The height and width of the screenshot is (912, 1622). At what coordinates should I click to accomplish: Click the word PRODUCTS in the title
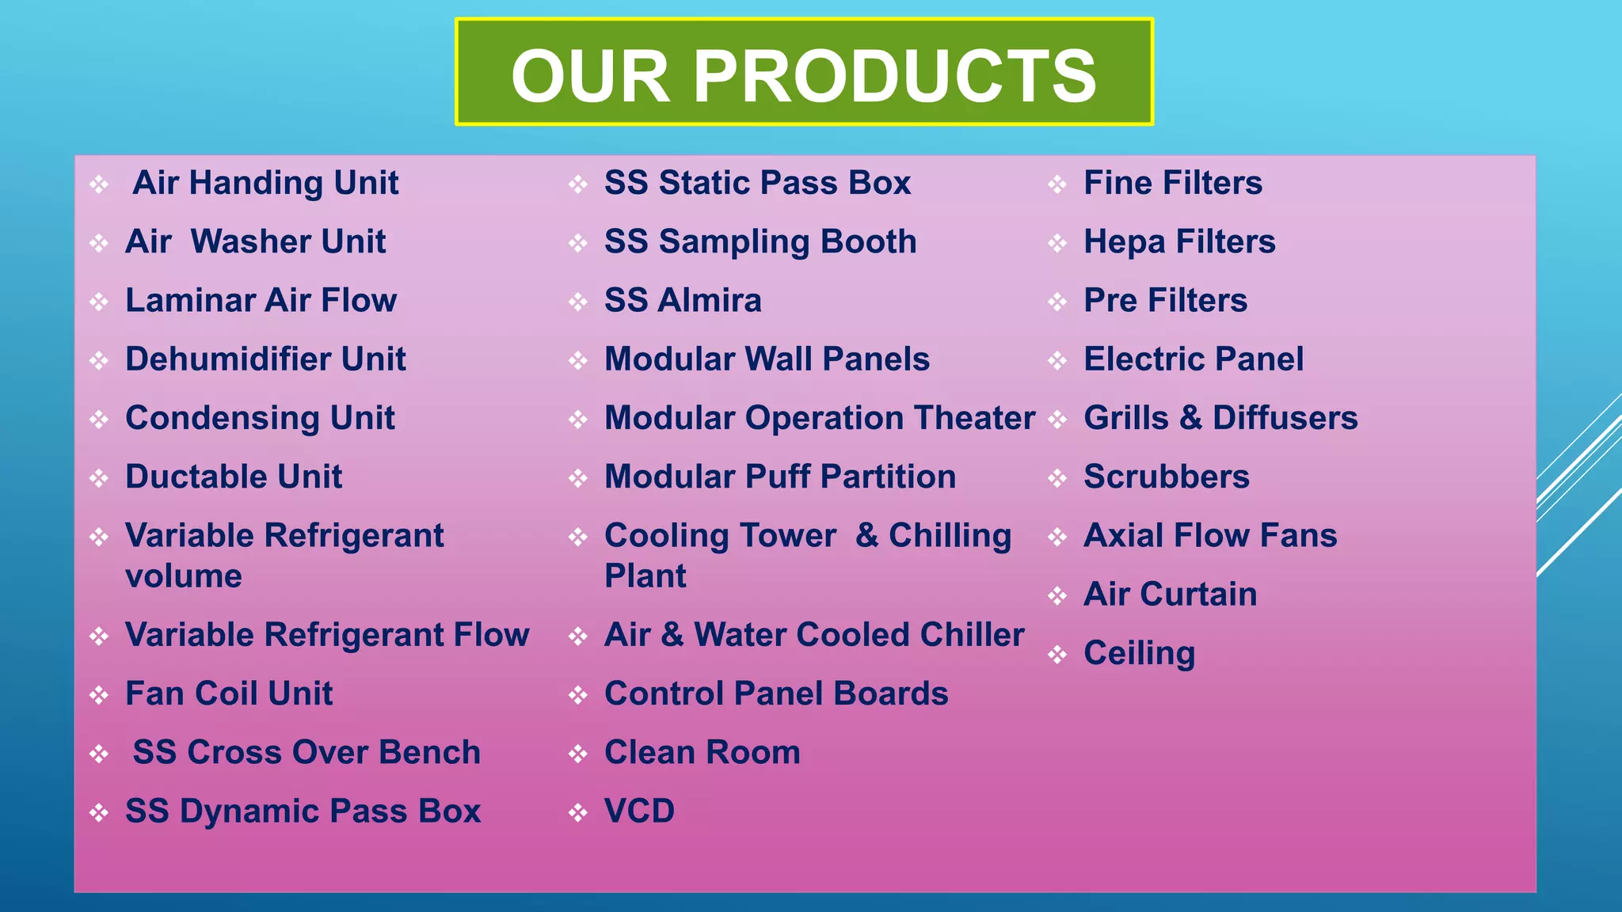pos(895,76)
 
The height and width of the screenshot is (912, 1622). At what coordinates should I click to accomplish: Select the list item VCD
pos(639,811)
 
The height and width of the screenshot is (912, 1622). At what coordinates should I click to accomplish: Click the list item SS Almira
pos(683,301)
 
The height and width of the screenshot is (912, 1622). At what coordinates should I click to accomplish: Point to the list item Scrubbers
pos(1166,477)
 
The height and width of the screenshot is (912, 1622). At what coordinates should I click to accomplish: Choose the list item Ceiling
pos(1139,654)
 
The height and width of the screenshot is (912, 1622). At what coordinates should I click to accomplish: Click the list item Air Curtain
pos(1170,595)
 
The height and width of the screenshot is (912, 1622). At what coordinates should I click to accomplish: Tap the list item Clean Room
pos(702,752)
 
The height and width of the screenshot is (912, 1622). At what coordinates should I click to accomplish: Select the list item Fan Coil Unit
pos(229,693)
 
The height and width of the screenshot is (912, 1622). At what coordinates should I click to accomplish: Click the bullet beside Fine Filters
pos(1057,184)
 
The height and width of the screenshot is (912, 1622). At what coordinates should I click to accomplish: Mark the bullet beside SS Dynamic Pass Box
pos(99,812)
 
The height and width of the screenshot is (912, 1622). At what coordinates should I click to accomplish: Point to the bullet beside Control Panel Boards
pos(578,695)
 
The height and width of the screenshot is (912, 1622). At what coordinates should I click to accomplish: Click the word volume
pos(183,576)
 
